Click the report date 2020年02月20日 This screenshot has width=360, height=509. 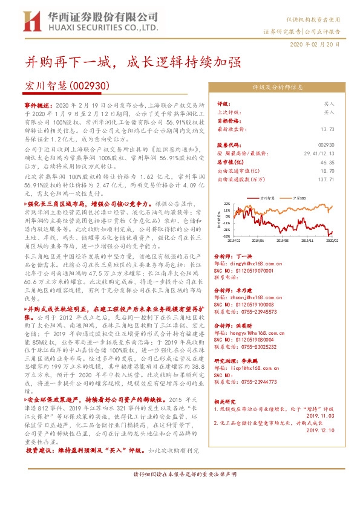(x=324, y=45)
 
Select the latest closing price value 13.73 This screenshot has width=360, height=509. (x=327, y=129)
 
